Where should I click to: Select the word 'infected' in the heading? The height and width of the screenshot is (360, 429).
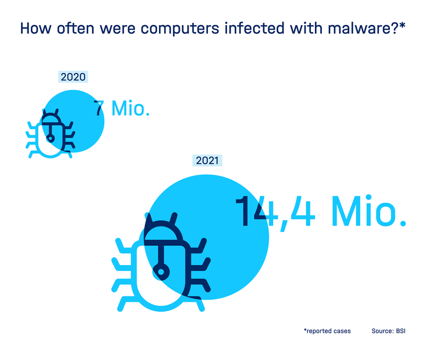coord(254,28)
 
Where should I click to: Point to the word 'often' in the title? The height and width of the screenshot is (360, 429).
coord(76,28)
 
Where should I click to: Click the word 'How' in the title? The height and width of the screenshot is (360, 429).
coord(36,28)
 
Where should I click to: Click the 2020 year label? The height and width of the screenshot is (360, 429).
coord(73,77)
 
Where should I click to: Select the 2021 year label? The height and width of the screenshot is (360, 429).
coord(207,160)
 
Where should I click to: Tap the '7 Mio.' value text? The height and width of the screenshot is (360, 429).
coord(122,108)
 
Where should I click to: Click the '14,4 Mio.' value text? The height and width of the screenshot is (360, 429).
coord(320,211)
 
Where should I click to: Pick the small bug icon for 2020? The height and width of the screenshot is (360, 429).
coord(50,133)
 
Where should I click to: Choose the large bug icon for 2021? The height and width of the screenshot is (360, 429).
coord(161,262)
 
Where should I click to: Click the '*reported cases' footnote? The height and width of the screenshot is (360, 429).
coord(327,331)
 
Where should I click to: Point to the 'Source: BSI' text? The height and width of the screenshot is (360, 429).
coord(388,331)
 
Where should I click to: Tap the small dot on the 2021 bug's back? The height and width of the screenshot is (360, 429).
coord(161,272)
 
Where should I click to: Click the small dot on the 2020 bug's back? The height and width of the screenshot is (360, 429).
coord(50,139)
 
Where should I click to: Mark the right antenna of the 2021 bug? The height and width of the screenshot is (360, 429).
coord(173,218)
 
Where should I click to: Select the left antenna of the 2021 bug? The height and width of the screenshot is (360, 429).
coord(149,218)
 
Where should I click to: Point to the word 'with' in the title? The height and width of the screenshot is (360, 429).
coord(306,28)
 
